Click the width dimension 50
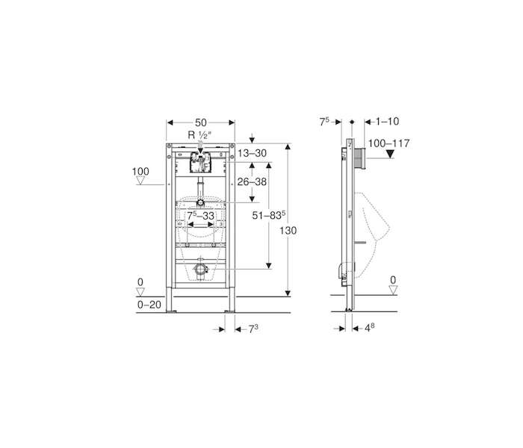click(201, 122)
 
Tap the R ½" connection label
click(200, 135)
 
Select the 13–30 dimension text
click(253, 153)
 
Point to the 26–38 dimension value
click(252, 181)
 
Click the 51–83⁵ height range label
click(269, 215)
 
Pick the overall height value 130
click(288, 230)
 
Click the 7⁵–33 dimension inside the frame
click(200, 216)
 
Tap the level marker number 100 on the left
click(140, 171)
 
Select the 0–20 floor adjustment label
click(149, 305)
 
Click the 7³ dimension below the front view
click(253, 329)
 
